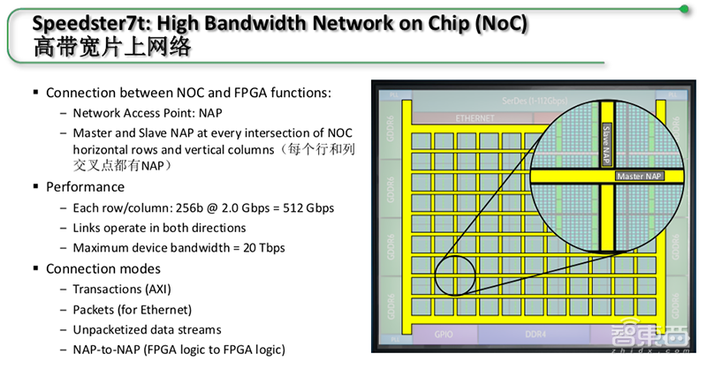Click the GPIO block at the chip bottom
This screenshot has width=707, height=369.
pyautogui.click(x=444, y=335)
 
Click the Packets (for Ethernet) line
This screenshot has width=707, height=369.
pyautogui.click(x=132, y=309)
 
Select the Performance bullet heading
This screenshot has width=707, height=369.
pyautogui.click(x=85, y=187)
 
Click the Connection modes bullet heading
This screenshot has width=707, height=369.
pyautogui.click(x=103, y=268)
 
